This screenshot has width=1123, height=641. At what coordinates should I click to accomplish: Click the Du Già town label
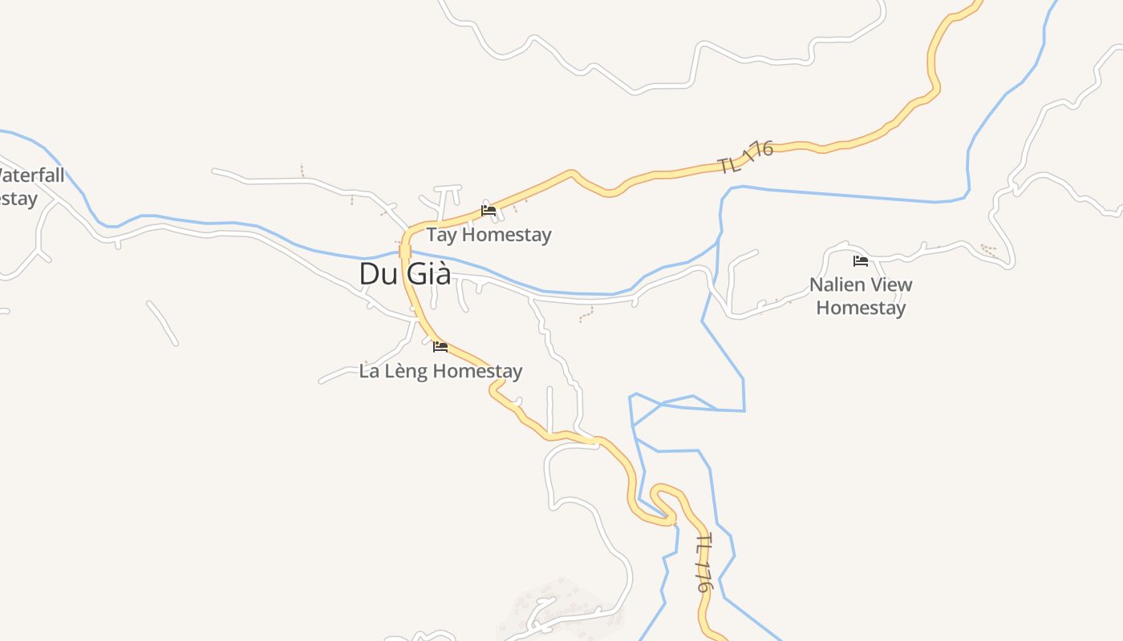404,274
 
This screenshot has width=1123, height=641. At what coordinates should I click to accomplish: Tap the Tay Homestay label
489,235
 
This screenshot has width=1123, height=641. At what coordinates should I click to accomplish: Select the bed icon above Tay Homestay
489,211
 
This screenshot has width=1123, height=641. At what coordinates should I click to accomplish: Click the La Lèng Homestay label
440,371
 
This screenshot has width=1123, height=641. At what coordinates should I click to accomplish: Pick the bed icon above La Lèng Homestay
440,347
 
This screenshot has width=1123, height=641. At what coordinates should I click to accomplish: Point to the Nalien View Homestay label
861,296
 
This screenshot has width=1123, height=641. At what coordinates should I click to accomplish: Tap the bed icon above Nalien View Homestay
861,261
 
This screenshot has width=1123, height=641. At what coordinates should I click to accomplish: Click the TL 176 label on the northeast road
745,157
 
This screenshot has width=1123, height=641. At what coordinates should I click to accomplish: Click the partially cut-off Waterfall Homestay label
28,187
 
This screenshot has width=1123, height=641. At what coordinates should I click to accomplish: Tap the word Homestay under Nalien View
861,308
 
